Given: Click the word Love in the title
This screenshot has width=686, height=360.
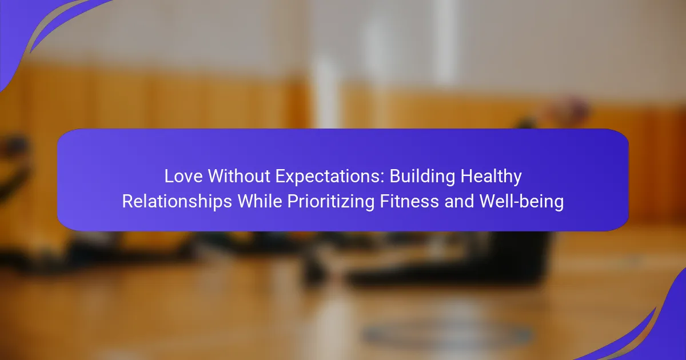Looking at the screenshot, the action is [x=184, y=177].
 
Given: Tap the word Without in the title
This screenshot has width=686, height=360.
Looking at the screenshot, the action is [x=239, y=176].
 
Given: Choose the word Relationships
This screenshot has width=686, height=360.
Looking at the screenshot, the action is [x=177, y=202].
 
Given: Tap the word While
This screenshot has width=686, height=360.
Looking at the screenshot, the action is [x=260, y=201].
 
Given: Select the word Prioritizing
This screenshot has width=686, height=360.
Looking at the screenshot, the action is [x=330, y=202].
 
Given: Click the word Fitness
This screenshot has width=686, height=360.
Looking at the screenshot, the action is [x=409, y=201].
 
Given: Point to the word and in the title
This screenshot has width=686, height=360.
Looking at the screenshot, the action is [x=458, y=201].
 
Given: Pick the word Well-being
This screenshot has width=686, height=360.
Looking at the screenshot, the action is [x=521, y=202].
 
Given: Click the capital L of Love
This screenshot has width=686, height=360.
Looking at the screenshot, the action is [x=169, y=177].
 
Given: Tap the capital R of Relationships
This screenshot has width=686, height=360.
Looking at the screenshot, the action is [x=128, y=201].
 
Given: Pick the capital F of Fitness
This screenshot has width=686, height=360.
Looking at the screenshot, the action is [x=385, y=201].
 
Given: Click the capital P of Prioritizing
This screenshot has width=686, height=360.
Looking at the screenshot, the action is [x=293, y=201].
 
